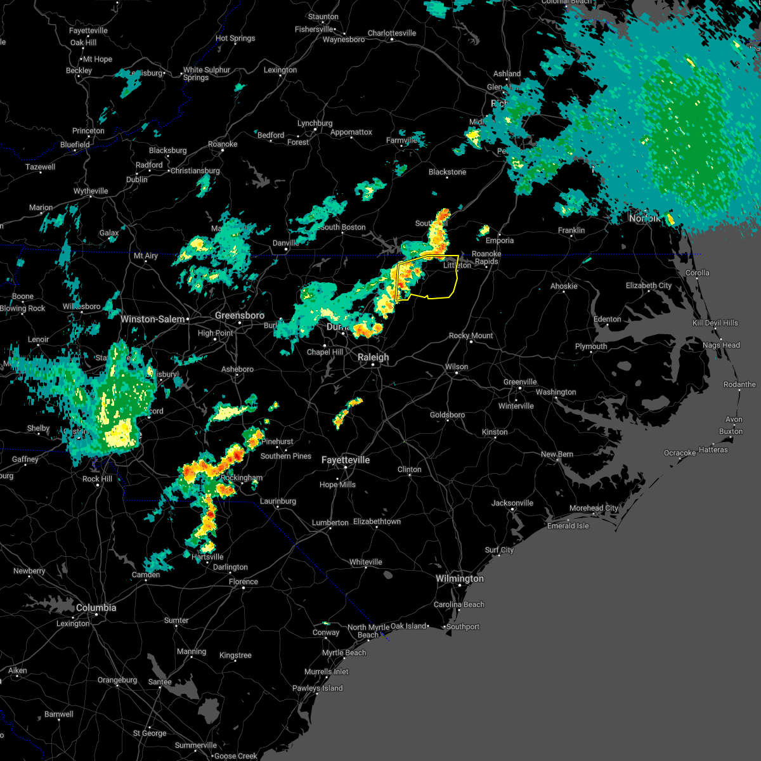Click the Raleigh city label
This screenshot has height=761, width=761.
[x=373, y=357]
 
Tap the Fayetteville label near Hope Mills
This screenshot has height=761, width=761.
[x=346, y=460]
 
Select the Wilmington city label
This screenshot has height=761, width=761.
[x=460, y=578]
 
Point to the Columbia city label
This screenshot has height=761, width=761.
[x=96, y=608]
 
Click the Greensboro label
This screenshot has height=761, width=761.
[x=240, y=315]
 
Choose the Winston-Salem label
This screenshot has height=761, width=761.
[x=152, y=319]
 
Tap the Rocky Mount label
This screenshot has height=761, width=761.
[x=471, y=335]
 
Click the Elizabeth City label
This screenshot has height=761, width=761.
[x=649, y=285]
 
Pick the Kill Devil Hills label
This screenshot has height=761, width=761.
[x=715, y=323]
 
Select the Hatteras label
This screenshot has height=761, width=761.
[x=713, y=450]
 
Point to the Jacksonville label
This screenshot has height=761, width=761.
[x=512, y=503]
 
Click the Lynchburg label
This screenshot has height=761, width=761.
[x=315, y=123]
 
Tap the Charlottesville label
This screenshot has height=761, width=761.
[x=392, y=33]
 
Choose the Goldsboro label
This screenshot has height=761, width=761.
[x=448, y=415]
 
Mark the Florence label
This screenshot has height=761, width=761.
[x=244, y=582]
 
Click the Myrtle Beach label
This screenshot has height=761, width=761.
[x=344, y=653]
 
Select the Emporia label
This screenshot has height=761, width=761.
[x=500, y=240]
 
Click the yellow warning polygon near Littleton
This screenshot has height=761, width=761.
[x=438, y=279]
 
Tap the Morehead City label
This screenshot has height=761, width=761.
[x=594, y=508]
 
